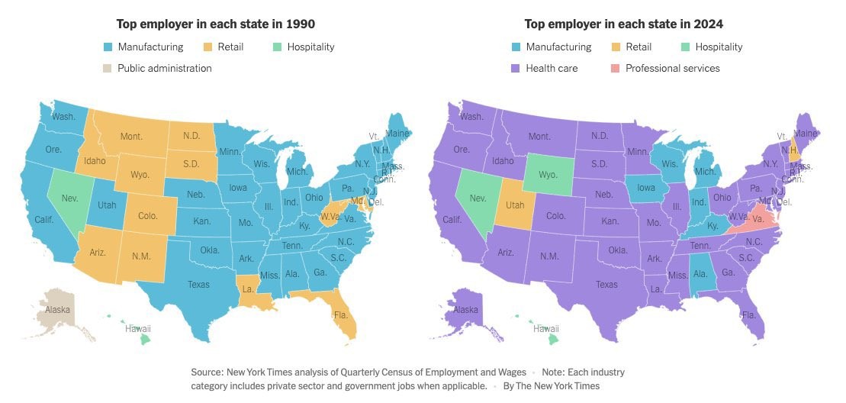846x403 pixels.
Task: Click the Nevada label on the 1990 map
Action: coord(69,198)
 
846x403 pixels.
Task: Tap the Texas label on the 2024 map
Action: coord(607,285)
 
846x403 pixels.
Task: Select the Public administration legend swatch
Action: coord(108,68)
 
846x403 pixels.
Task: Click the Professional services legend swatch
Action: coord(615,68)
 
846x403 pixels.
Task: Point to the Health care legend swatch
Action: coord(516,68)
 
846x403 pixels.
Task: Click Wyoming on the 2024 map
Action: coord(548,175)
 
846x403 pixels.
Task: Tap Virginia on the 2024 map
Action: coord(757,218)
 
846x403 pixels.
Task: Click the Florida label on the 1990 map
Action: coord(339,314)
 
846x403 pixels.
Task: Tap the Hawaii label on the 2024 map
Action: coord(546,329)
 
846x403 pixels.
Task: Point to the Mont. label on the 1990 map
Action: coord(132,137)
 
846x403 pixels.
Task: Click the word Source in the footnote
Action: coord(207,372)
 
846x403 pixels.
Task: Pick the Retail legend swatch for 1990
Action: coord(208,47)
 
